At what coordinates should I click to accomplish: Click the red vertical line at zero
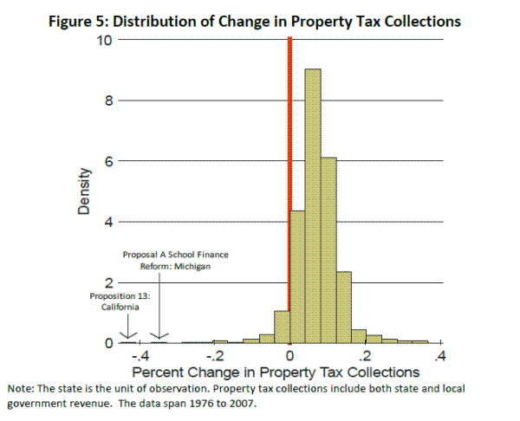[x=289, y=191]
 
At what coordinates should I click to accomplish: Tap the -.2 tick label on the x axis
[x=214, y=356]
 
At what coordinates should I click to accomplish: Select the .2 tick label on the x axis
[x=366, y=356]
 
